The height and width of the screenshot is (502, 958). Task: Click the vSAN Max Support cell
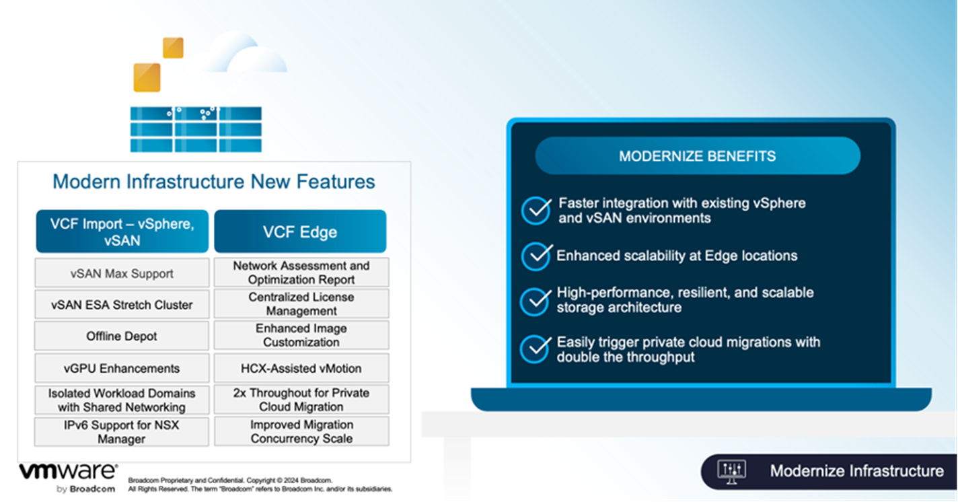click(122, 273)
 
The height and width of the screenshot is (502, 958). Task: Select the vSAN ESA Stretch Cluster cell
click(122, 305)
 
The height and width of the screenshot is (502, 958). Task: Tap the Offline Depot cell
click(122, 336)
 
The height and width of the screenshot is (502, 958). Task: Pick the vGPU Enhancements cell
click(122, 368)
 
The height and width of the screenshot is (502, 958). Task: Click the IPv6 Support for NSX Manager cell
click(122, 431)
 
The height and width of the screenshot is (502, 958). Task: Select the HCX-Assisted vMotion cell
click(301, 368)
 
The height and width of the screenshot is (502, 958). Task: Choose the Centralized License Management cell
click(301, 304)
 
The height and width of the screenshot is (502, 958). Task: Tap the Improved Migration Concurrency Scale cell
click(301, 431)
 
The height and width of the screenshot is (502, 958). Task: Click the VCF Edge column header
click(300, 231)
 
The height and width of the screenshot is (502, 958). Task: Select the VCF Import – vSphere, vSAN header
click(122, 231)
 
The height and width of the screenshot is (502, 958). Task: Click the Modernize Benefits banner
click(697, 156)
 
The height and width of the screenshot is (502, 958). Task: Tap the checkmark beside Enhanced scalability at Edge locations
click(537, 256)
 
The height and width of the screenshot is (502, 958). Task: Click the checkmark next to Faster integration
click(537, 211)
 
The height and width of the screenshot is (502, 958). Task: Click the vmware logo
click(67, 471)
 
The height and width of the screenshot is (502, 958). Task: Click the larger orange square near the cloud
click(147, 77)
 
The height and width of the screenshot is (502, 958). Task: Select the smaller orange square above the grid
click(173, 48)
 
